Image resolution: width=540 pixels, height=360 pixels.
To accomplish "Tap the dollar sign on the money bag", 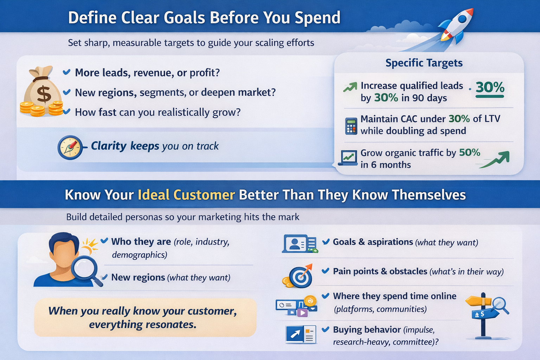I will point(44,94).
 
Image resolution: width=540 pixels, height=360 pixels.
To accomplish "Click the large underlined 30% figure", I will point(490,87).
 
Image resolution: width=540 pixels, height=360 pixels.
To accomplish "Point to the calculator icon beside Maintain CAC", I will point(351,126).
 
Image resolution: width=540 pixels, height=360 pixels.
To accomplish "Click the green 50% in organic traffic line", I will point(469,153).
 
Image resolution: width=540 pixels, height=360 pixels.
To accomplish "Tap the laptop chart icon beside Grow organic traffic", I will point(348,158).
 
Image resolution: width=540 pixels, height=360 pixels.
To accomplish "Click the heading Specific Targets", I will point(424,63).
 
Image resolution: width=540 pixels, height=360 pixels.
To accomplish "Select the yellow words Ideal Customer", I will point(186,195).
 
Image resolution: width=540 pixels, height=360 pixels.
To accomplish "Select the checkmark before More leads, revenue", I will point(66,72).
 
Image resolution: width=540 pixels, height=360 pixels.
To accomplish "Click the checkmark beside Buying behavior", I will point(326,329).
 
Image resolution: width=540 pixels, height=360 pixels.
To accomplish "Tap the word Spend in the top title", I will point(317,18).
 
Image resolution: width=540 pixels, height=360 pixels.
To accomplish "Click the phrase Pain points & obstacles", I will point(380,271).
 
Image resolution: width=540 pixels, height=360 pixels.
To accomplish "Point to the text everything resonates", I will point(142,324).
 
